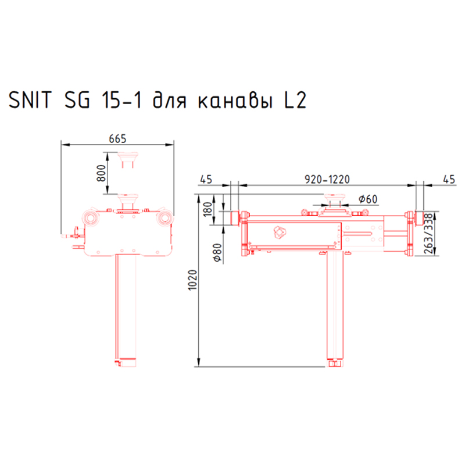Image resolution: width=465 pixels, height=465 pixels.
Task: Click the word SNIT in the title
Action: point(30,100)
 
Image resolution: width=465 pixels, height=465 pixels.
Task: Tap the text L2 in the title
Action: point(295,100)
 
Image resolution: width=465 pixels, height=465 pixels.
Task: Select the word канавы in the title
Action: point(235,101)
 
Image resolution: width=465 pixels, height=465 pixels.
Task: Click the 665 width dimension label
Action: point(117,138)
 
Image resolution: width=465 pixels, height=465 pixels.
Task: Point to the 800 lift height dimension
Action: point(101,173)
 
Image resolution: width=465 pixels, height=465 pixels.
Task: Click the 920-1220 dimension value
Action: point(327,180)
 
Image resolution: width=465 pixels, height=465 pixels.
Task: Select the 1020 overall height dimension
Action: point(193,280)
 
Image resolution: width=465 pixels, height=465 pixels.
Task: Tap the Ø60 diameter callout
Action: point(368,199)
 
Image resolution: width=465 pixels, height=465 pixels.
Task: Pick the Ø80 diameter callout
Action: point(217,253)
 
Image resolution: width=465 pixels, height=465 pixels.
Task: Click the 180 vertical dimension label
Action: point(208,209)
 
